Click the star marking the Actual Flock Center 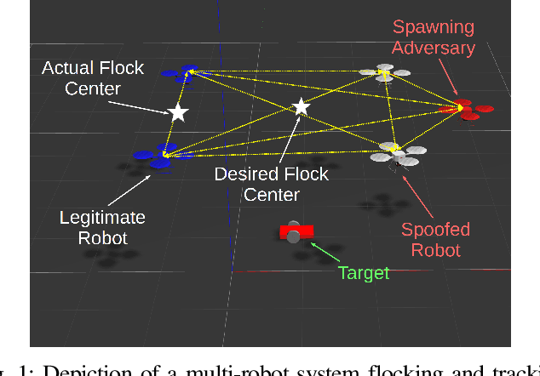tap(177, 112)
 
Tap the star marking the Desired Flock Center tap(300, 107)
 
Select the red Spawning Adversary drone tap(465, 108)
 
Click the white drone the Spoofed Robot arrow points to tap(394, 152)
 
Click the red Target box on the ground tap(296, 231)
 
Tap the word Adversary tap(439, 48)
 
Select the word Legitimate tap(102, 217)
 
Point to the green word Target tap(364, 273)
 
